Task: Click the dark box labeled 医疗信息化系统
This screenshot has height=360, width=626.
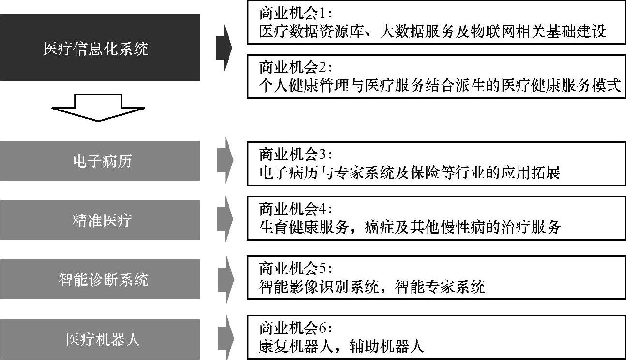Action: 100,47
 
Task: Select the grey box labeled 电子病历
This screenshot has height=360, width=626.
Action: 100,161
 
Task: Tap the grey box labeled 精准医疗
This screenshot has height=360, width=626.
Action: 100,220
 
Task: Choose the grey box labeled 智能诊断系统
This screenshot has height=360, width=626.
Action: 100,280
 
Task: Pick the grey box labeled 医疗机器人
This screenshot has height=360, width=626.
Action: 100,339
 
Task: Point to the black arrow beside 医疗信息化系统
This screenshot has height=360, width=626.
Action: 224,47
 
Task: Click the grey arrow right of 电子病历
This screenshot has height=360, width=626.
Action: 225,161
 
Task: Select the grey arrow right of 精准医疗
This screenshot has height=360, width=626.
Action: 225,220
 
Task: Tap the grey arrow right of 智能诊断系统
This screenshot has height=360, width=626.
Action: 225,280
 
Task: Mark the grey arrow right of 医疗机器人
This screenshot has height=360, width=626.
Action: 225,339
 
